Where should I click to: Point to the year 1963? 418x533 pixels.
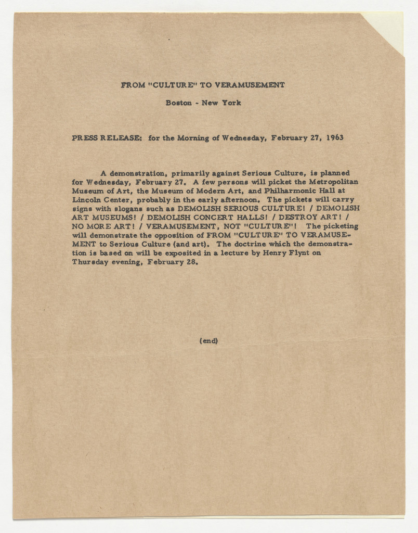[x=331, y=138]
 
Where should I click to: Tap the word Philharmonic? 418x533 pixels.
[x=282, y=191]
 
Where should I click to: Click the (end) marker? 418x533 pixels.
[x=208, y=341]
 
